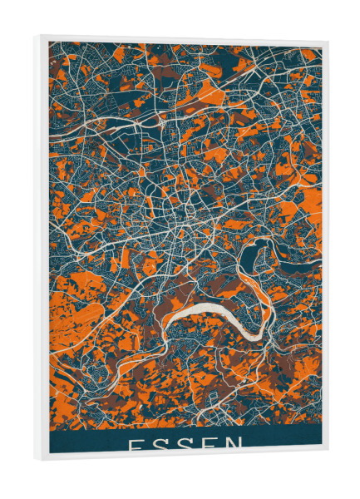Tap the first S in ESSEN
[x=161, y=444]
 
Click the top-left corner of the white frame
[x=37, y=37]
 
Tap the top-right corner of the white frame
[x=327, y=44]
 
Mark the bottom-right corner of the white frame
[x=328, y=452]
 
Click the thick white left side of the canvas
[x=42, y=249]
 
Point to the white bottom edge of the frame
[x=183, y=456]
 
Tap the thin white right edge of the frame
[x=325, y=249]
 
